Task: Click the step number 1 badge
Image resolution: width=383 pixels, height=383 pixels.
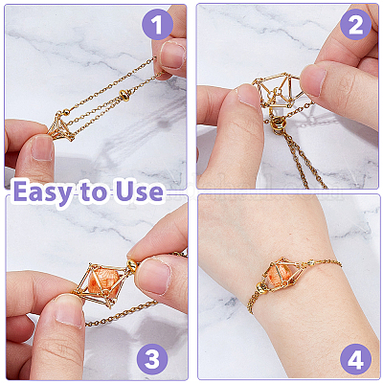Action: point(157,25)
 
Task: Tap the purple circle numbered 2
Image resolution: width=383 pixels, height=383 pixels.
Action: point(355,25)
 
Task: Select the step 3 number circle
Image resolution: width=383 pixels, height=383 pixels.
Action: point(152,359)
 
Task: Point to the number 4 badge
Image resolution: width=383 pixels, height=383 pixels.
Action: point(355,359)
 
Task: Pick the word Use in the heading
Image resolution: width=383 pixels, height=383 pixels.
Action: point(140,191)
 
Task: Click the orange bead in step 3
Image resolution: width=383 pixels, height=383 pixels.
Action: point(101,282)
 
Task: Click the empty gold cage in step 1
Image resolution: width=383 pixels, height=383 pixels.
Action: point(61,127)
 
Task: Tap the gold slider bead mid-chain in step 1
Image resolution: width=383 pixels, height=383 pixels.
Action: point(124,95)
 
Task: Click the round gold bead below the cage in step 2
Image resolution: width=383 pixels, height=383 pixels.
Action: point(278,124)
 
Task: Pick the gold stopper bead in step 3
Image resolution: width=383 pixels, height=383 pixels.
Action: point(131,264)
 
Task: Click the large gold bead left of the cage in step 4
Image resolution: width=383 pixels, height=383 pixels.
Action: point(262,288)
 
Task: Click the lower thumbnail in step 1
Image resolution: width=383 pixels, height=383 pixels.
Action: point(42,147)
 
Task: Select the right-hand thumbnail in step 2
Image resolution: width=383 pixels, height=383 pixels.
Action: point(313,79)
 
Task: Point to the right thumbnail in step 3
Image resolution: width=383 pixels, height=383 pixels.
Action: point(152,276)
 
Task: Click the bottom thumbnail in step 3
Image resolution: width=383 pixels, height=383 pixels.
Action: point(69,311)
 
